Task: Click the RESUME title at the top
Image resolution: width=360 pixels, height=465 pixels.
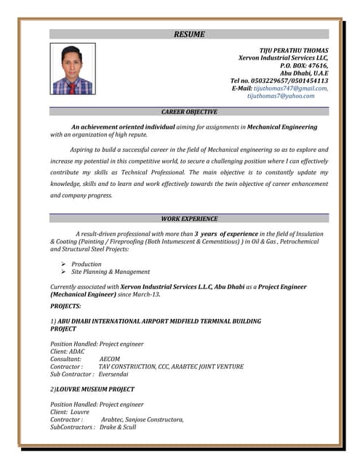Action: pos(189,34)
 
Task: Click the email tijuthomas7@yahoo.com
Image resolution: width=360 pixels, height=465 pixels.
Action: pos(281,96)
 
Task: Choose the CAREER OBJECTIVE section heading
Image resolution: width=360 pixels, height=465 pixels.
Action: pos(189,112)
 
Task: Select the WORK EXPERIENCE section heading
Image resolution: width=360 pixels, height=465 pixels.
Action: pos(189,219)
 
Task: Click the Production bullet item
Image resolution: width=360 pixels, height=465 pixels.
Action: pos(86,264)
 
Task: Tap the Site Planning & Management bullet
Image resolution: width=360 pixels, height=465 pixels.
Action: pos(111,272)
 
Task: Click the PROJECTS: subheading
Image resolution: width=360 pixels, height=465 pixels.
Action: pos(65,307)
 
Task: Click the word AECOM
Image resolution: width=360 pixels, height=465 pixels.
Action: pos(110,359)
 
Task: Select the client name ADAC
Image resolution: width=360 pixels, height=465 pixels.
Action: pos(76,352)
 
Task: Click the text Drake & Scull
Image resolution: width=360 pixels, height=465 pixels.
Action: pos(118,427)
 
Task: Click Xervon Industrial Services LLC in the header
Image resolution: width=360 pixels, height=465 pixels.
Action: pos(283,57)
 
